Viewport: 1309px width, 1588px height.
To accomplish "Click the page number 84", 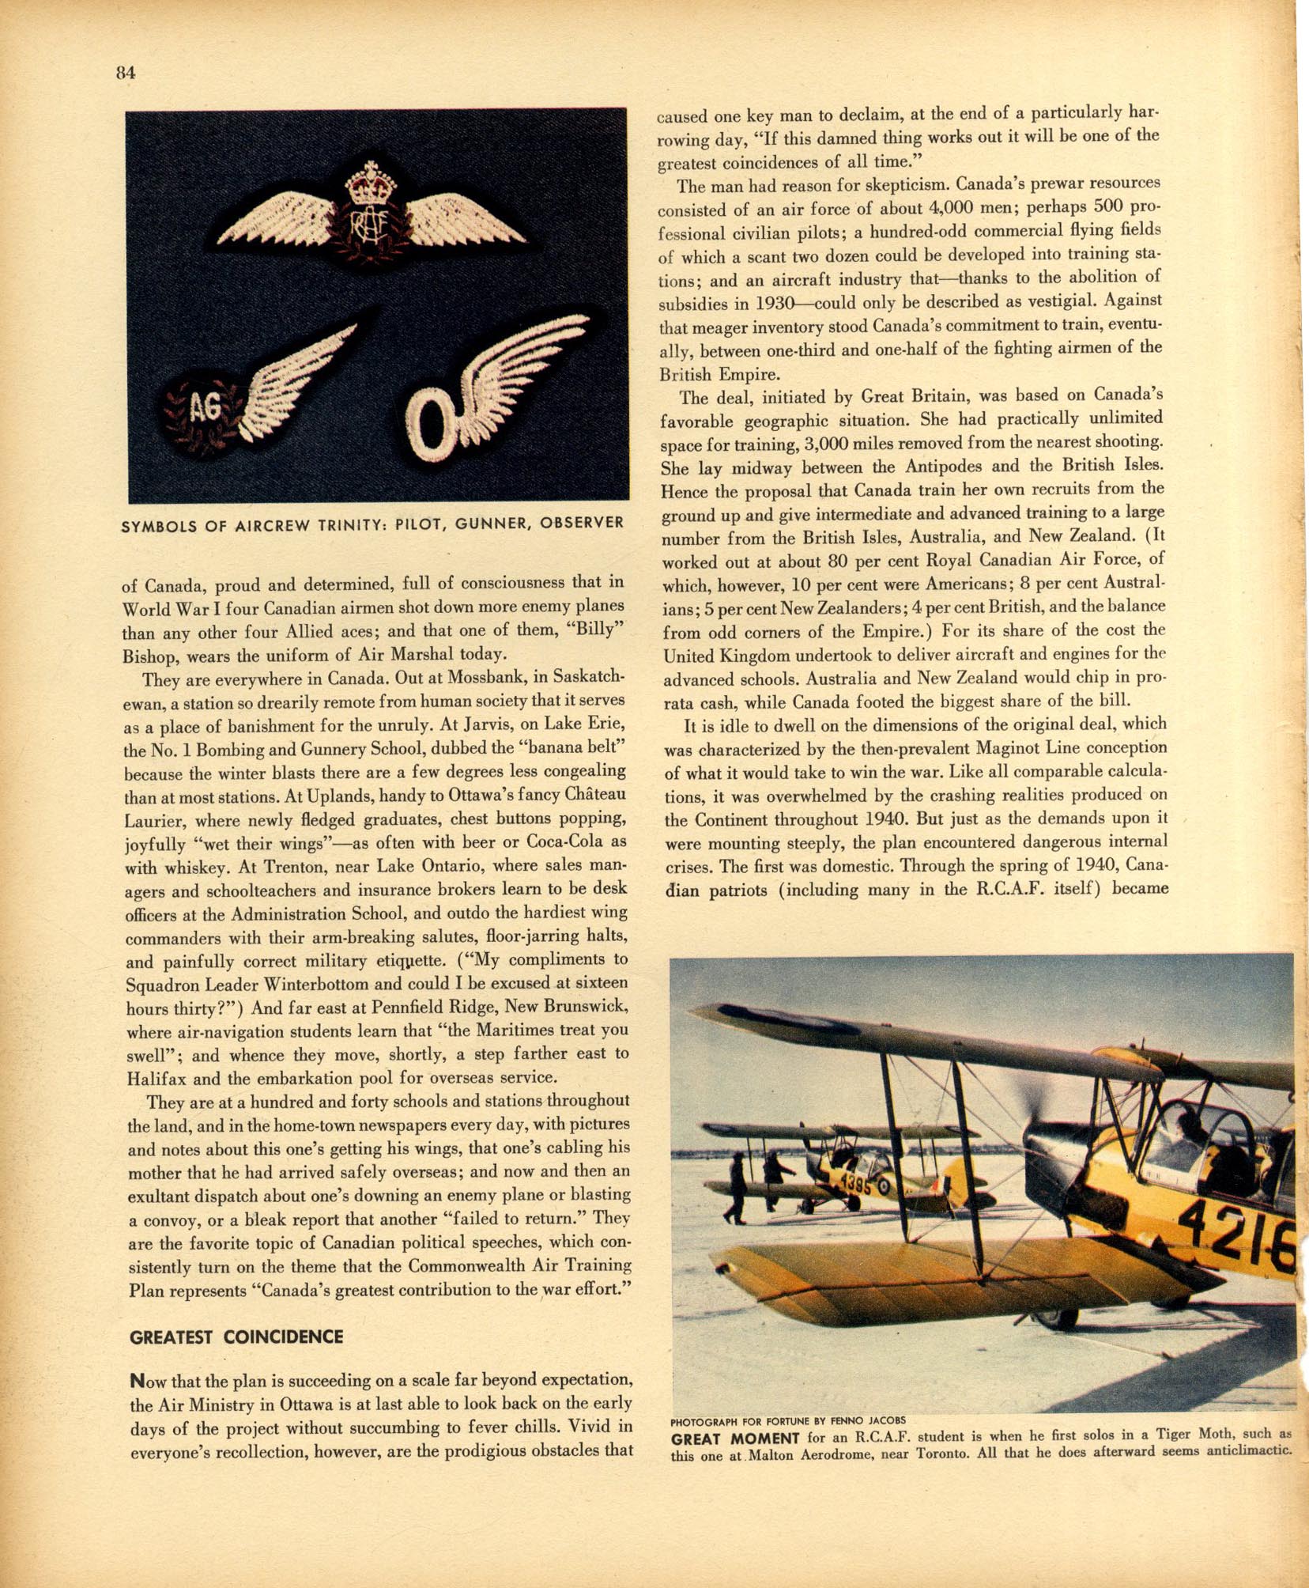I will pos(126,73).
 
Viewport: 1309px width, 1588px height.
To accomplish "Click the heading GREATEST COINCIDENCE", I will pos(236,1337).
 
